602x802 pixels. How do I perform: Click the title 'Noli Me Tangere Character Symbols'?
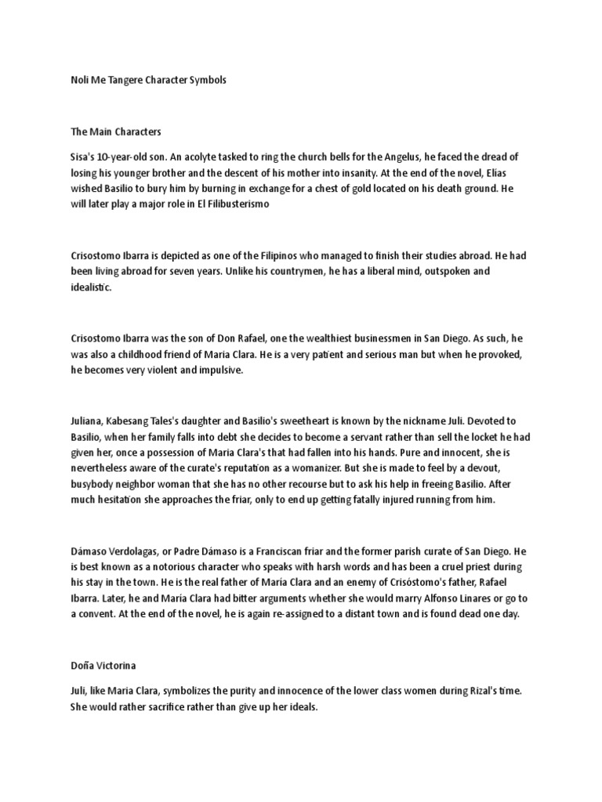(x=143, y=81)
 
